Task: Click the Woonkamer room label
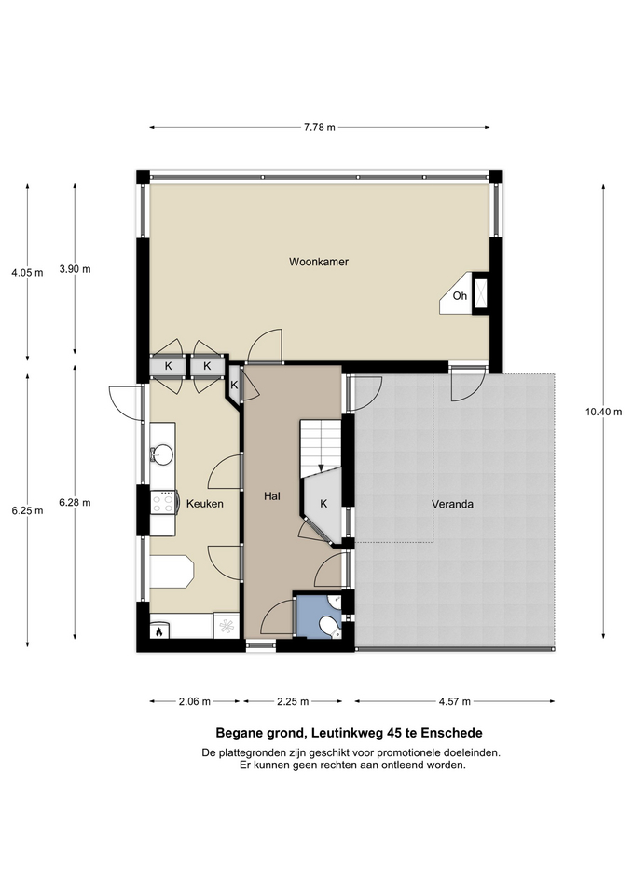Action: (319, 263)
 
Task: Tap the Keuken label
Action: (205, 504)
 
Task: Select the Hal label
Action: (272, 496)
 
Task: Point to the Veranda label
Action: (453, 504)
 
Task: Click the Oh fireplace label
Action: (460, 296)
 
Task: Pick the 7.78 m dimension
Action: (320, 128)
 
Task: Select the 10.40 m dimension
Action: (603, 412)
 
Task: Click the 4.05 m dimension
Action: (27, 273)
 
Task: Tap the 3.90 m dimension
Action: (75, 269)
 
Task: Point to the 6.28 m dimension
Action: (75, 503)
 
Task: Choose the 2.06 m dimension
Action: (195, 701)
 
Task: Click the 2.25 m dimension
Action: (293, 701)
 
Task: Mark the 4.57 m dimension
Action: (455, 701)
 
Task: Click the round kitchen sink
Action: (162, 454)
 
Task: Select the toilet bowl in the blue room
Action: (329, 626)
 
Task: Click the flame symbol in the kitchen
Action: (159, 631)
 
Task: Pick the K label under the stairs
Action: (323, 504)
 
